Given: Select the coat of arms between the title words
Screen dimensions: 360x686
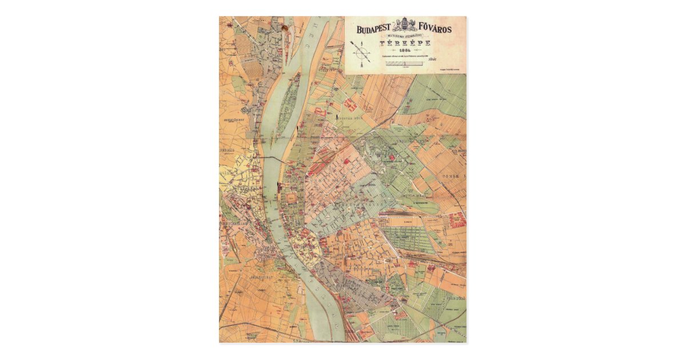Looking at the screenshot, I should pos(405,26).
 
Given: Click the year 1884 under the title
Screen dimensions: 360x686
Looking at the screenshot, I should pos(405,50).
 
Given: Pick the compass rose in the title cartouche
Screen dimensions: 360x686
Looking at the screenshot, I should pos(362,54).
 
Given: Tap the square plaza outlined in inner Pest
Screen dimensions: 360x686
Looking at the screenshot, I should pos(293,198).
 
